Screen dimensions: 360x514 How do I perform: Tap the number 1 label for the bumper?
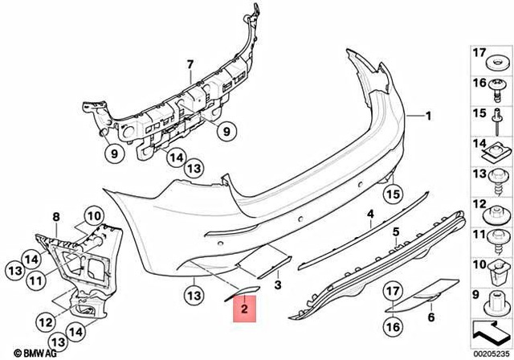[x=428, y=115]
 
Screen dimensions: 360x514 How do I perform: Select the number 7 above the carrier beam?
[x=190, y=64]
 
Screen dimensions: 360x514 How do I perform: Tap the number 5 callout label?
[x=395, y=232]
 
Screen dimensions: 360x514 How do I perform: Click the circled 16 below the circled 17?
[x=391, y=325]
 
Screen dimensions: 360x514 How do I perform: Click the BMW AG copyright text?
[x=22, y=350]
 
